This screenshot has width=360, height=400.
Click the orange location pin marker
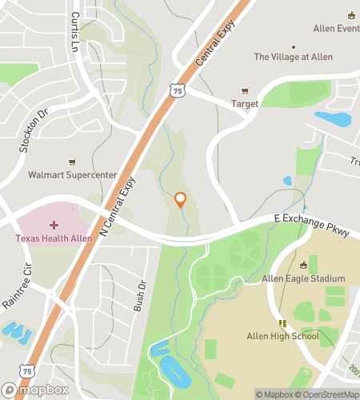(180, 200)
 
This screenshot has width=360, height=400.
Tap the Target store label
(245, 104)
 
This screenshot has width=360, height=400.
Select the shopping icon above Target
(245, 91)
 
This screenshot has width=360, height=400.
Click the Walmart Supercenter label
(73, 174)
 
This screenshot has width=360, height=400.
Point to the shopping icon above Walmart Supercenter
(73, 162)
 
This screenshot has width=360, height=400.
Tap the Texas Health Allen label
(54, 238)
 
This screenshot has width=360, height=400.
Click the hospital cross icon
(54, 226)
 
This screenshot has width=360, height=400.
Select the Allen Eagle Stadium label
(302, 278)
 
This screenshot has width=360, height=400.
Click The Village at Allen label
(292, 58)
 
